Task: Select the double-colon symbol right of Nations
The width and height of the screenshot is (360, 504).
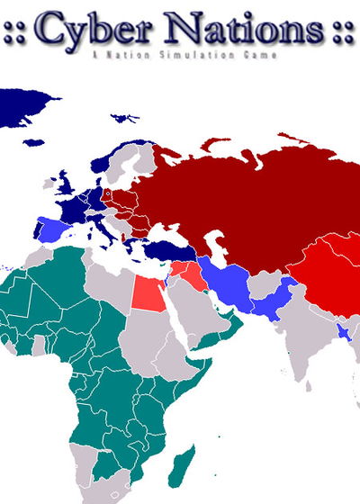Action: (x=341, y=33)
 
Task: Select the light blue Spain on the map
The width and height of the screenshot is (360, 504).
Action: (x=51, y=231)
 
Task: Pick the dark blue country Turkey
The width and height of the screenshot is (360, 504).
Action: (x=166, y=248)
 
